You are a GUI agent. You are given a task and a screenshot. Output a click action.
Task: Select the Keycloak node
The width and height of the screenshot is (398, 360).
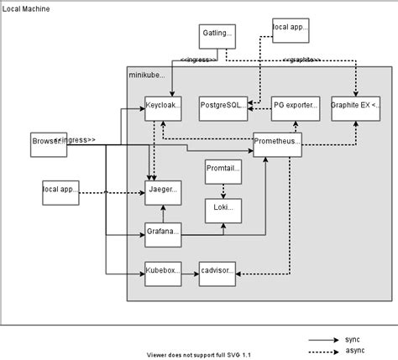tap(163, 108)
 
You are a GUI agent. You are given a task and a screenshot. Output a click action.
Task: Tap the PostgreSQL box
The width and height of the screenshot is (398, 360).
tap(223, 108)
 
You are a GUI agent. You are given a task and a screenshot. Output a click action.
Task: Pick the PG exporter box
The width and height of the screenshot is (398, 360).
tap(296, 108)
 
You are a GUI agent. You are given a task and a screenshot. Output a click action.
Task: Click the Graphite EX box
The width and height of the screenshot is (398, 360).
tap(355, 108)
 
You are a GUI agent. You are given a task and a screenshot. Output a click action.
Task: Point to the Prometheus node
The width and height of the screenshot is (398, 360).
tap(277, 144)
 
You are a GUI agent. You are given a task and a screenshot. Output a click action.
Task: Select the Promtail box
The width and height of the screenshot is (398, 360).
tap(223, 172)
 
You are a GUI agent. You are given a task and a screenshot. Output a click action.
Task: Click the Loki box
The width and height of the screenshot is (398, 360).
tap(223, 209)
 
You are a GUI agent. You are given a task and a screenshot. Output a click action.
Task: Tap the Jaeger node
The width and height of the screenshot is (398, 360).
tap(163, 191)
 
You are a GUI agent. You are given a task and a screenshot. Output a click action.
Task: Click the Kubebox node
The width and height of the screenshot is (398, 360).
tap(163, 272)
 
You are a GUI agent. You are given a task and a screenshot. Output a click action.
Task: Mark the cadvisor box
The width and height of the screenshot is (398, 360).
tap(217, 272)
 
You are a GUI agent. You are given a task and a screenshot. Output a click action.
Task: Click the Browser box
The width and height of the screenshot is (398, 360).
tap(48, 143)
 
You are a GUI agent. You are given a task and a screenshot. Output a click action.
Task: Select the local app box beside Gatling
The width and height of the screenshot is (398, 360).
tap(290, 29)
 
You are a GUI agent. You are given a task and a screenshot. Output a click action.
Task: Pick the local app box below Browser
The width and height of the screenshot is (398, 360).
tap(60, 192)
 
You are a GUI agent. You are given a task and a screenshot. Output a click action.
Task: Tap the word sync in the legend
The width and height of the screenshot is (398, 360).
tap(352, 338)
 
